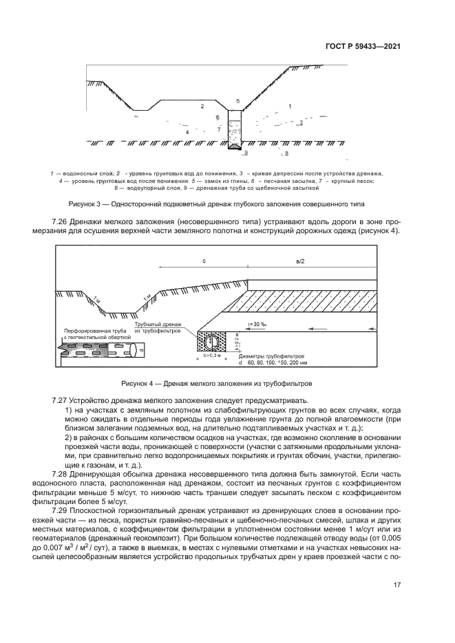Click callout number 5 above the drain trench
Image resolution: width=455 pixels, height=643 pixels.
pyautogui.click(x=237, y=101)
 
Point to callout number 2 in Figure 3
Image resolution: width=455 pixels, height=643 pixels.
pyautogui.click(x=202, y=107)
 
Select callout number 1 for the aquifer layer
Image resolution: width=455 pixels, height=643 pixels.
pyautogui.click(x=290, y=106)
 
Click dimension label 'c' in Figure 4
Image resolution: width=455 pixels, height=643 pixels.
pyautogui.click(x=204, y=261)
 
